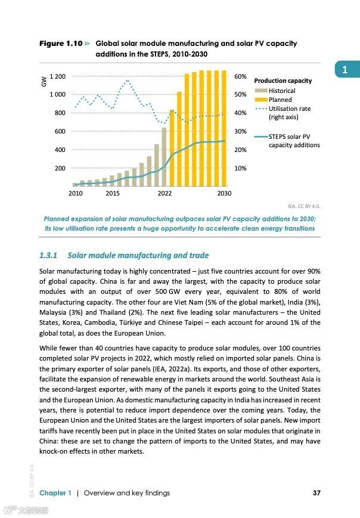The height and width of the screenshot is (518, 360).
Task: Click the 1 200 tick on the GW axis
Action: coord(58,76)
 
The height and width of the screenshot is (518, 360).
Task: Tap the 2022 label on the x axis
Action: coord(165,193)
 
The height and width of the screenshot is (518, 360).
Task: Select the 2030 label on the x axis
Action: coord(224,193)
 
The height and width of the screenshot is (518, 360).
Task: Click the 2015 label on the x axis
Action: coord(113,193)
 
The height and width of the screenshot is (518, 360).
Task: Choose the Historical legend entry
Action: coord(281,91)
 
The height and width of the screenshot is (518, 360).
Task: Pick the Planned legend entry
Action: coord(280,100)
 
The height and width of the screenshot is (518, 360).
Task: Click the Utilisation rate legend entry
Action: coord(289,109)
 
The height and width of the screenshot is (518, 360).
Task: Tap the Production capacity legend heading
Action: coord(283,80)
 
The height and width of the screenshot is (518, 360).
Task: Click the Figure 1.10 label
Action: coord(60,44)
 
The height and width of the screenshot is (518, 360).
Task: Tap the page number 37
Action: coord(316,492)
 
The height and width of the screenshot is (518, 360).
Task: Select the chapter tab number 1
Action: coord(345,70)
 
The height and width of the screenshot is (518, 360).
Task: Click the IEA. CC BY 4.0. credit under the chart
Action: coord(304,206)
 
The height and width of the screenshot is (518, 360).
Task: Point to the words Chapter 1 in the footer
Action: coord(55,492)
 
